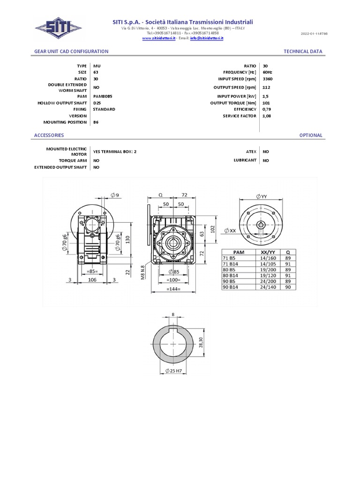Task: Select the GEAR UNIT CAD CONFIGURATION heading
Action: coord(71,52)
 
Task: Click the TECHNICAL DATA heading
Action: coord(303,52)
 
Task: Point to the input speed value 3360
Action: coord(268,79)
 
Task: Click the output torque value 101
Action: coord(266,103)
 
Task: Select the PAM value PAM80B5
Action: coord(103,96)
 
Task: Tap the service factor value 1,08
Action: coord(267,115)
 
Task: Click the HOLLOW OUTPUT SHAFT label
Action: coord(62,103)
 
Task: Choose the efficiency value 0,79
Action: coord(267,109)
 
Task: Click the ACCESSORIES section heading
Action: coord(49,135)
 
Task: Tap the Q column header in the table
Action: coord(287,252)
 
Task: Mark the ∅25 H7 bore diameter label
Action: coord(174,371)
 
